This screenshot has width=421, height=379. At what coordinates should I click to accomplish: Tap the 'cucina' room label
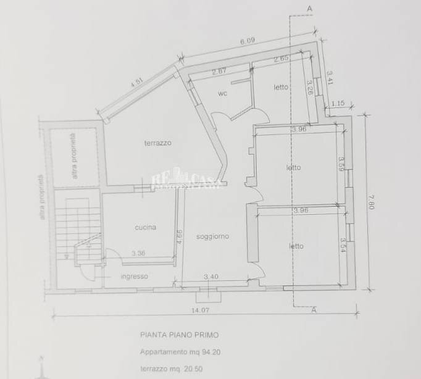(145, 227)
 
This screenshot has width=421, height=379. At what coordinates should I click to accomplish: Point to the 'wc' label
(223, 94)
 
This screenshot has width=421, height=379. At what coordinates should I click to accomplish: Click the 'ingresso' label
(134, 276)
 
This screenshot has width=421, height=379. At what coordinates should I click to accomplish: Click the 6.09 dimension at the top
(247, 42)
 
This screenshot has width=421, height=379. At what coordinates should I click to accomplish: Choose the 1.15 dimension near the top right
(337, 103)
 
